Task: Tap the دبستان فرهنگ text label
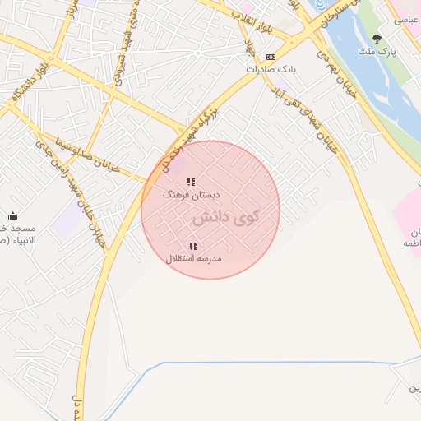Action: point(192,196)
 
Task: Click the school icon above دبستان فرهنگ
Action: point(191,182)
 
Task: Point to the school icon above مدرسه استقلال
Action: point(193,245)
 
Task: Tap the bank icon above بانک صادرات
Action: point(271,56)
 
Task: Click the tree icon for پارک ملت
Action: point(377,38)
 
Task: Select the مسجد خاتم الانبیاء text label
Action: point(14,234)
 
